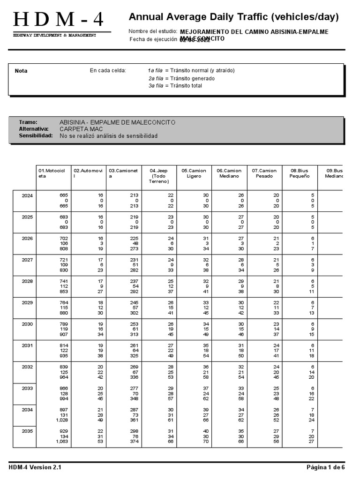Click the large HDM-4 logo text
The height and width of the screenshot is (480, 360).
pyautogui.click(x=59, y=20)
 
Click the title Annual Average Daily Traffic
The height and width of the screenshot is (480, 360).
pyautogui.click(x=233, y=17)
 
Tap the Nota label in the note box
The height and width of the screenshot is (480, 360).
pyautogui.click(x=21, y=71)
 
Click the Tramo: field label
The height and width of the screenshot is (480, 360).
pyautogui.click(x=28, y=122)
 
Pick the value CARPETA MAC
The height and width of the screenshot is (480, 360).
pyautogui.click(x=81, y=129)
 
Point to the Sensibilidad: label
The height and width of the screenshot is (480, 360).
pyautogui.click(x=35, y=136)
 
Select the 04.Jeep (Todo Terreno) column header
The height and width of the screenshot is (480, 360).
pyautogui.click(x=158, y=176)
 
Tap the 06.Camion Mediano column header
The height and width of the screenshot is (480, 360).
pyautogui.click(x=229, y=173)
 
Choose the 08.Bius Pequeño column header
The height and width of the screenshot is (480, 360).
pyautogui.click(x=300, y=173)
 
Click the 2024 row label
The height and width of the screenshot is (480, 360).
pyautogui.click(x=27, y=195)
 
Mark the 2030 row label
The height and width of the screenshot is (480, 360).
pyautogui.click(x=27, y=324)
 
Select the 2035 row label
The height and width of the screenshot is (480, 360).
pyautogui.click(x=27, y=431)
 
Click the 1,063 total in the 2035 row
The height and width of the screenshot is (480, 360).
pyautogui.click(x=62, y=441)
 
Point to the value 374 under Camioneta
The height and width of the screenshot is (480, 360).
pyautogui.click(x=134, y=441)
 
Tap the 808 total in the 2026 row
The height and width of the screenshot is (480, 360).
pyautogui.click(x=63, y=248)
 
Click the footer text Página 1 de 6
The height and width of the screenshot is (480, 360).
pyautogui.click(x=325, y=467)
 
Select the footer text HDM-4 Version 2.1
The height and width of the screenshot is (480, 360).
pyautogui.click(x=35, y=467)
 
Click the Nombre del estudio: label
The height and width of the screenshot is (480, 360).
pyautogui.click(x=153, y=31)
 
